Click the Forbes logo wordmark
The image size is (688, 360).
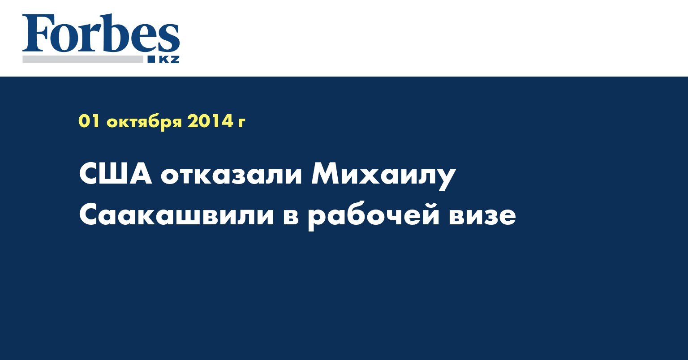coord(101,33)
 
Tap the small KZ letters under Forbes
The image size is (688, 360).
coord(169,59)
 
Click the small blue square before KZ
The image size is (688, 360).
coord(151,59)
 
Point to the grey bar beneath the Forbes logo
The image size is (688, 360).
coord(83,59)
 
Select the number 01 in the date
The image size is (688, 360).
coord(89,121)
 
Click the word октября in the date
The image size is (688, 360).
coord(144,122)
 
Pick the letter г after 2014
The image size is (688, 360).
coord(241,123)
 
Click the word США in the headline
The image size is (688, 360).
coord(116,175)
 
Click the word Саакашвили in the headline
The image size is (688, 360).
coord(176,215)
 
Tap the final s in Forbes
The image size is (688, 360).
coord(169,38)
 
